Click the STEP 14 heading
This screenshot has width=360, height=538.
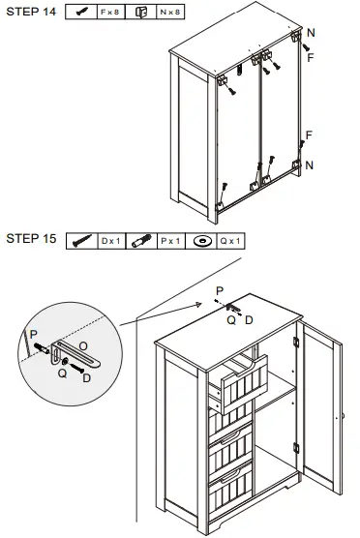coord(31,12)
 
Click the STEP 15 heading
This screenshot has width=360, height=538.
coord(31,238)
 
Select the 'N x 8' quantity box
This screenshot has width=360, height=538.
coord(170,12)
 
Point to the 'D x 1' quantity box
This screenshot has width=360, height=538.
coord(111,241)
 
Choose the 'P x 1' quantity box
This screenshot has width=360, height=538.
coord(171,241)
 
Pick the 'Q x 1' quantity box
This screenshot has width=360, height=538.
coord(230,241)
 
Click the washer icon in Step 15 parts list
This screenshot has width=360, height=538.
coord(201,241)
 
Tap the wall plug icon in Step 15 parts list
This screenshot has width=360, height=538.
coord(141,241)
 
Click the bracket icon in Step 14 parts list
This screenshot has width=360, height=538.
coord(140,13)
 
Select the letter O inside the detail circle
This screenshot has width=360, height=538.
coord(83,346)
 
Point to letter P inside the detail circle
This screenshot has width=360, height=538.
coord(33,335)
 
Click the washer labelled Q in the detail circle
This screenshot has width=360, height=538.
coord(64,361)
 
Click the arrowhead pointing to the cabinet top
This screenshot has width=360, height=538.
coord(198,304)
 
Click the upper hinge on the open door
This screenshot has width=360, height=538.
coord(296,342)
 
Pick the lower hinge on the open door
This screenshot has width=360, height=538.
coord(296,448)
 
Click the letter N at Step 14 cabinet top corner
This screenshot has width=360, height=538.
coord(311,33)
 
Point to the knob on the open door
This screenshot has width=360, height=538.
coord(343,416)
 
